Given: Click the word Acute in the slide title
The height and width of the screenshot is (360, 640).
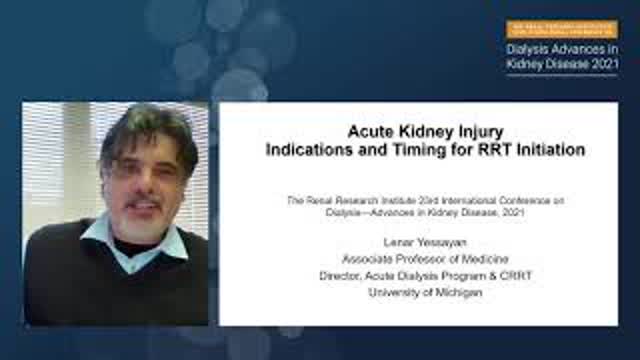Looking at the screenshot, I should (371, 131).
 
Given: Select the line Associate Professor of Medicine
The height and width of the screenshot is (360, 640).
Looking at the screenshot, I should (419, 259).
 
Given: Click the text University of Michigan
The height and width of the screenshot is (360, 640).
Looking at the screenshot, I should (419, 292).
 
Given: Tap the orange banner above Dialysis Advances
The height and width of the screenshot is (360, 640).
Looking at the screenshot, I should (561, 30).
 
